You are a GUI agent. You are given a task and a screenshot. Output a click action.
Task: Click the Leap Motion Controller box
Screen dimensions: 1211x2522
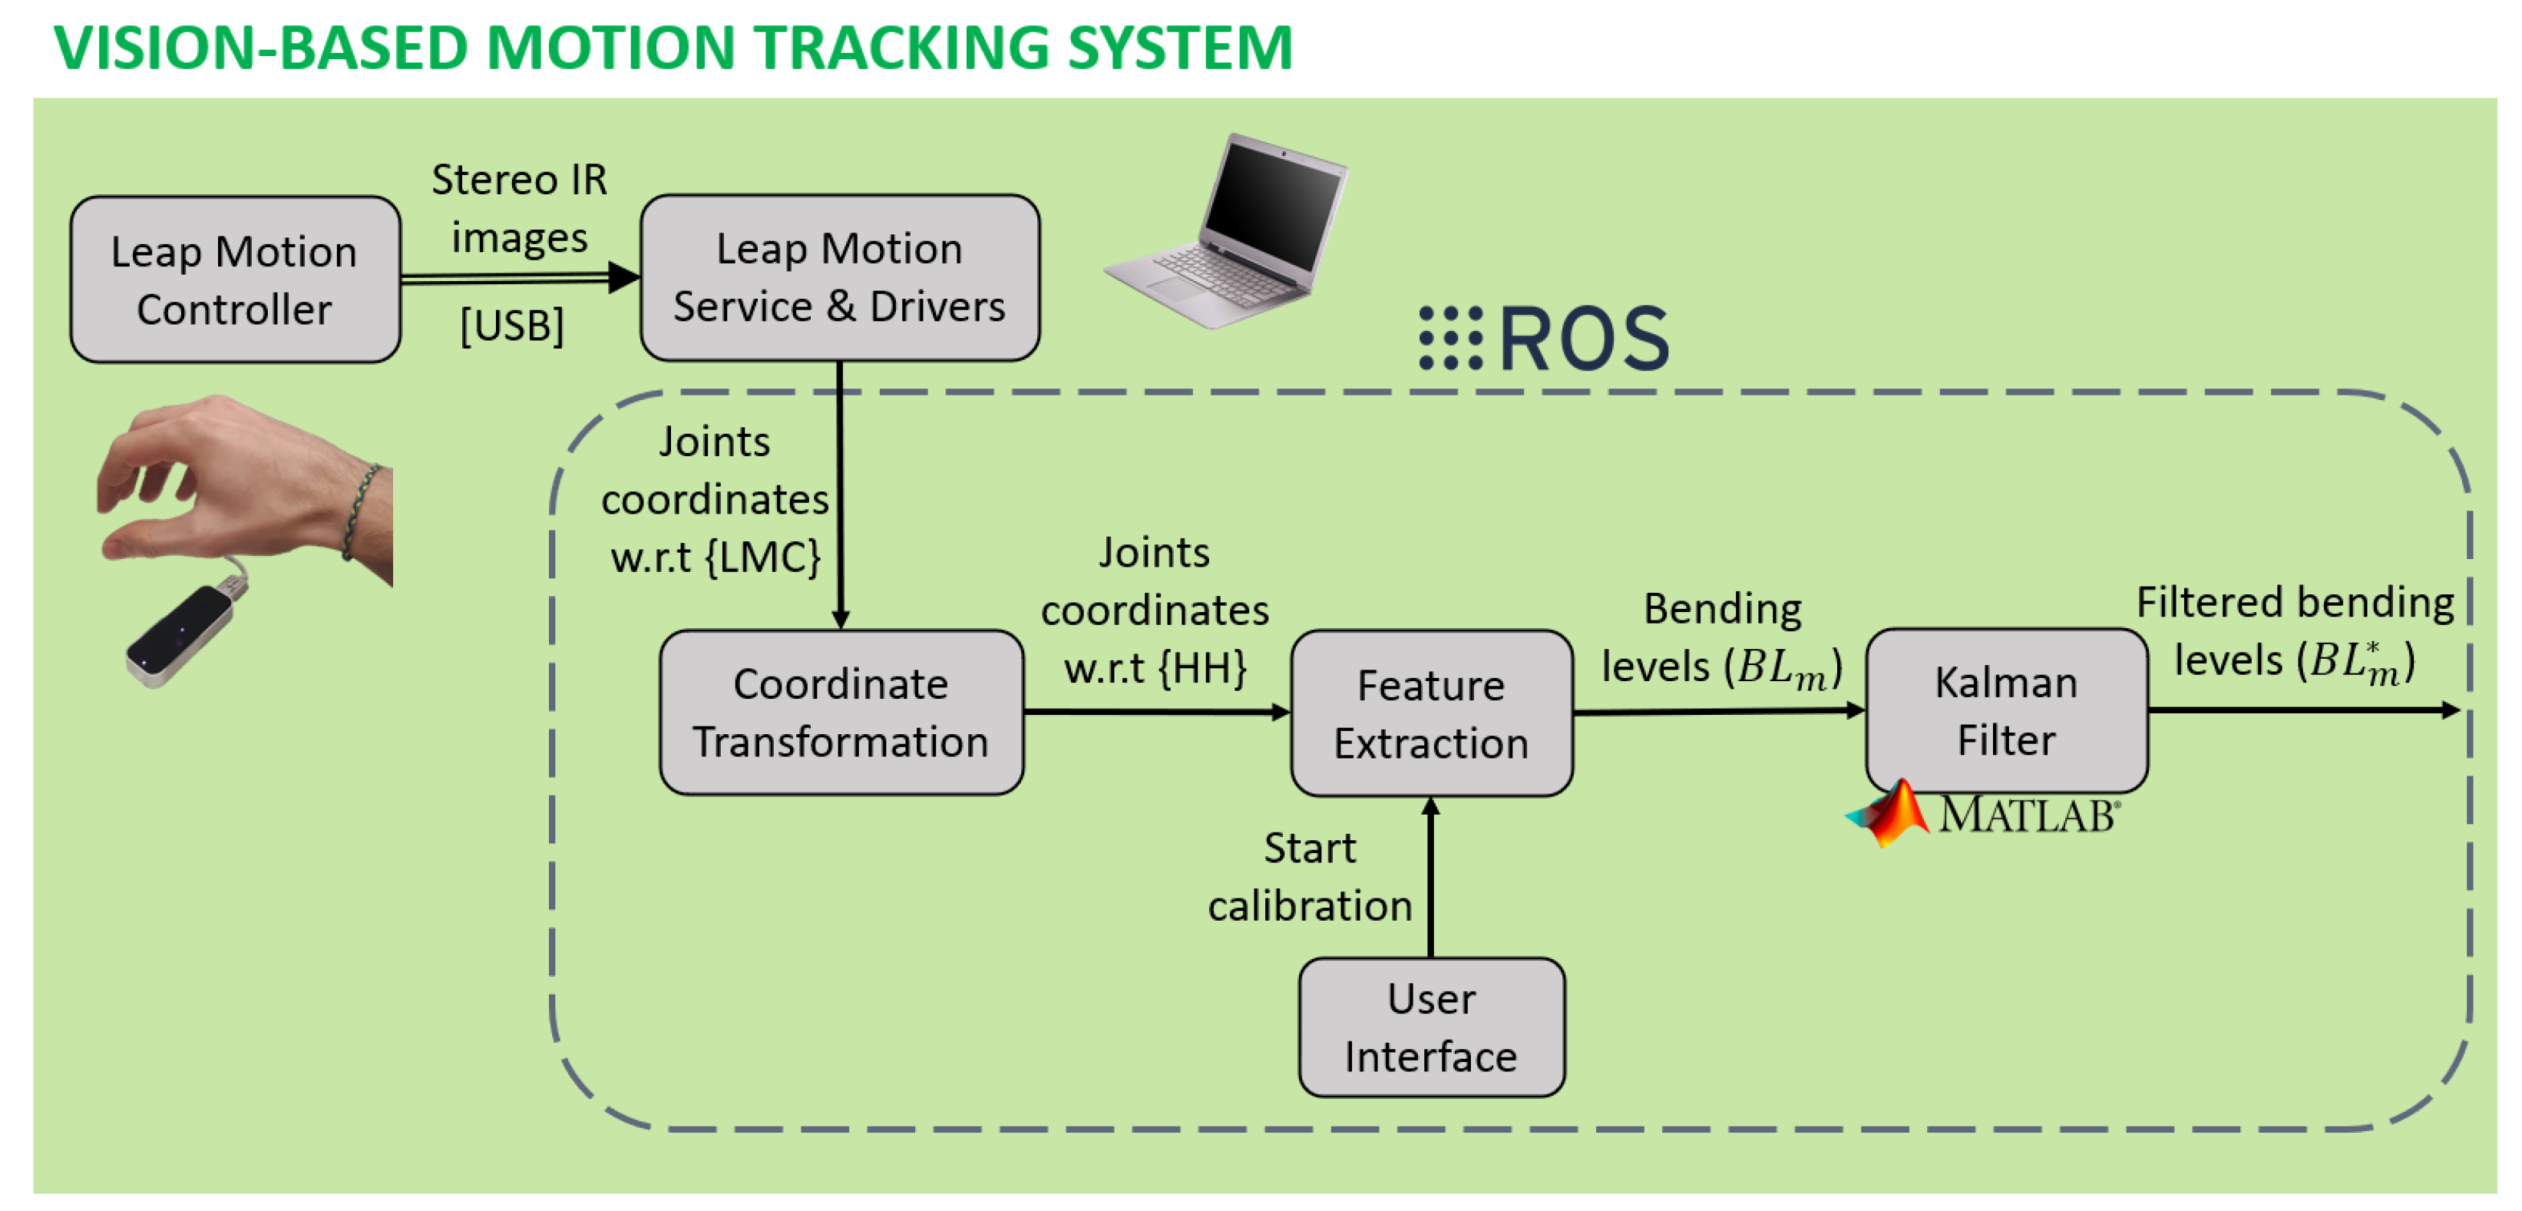[x=235, y=280]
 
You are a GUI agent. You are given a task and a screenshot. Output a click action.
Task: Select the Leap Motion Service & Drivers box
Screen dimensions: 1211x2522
[x=839, y=278]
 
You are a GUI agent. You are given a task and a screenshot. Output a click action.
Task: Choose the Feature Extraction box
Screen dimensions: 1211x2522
[x=1430, y=713]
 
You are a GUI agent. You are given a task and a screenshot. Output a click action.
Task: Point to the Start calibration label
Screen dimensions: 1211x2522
[x=1309, y=877]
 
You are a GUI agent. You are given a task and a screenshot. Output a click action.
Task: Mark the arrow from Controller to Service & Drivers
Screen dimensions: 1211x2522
[x=519, y=278]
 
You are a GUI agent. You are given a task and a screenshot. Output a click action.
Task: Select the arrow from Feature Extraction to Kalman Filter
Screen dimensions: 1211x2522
[x=1718, y=712]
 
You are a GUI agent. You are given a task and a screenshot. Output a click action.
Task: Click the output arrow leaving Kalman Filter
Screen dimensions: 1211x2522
[x=2301, y=710]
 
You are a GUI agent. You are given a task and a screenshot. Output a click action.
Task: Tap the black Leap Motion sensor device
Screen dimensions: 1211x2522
[x=181, y=634]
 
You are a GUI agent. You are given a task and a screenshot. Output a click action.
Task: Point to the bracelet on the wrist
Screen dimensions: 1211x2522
[x=360, y=509]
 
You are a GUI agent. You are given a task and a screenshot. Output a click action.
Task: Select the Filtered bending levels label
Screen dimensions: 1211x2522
[x=2294, y=631]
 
